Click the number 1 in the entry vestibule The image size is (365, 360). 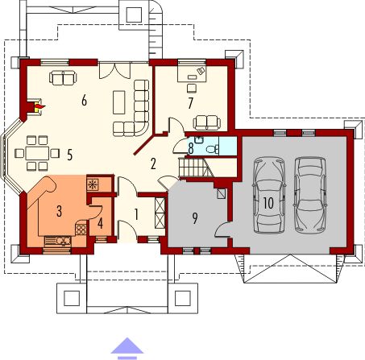click(x=137, y=214)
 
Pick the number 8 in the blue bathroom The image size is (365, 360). click(x=191, y=147)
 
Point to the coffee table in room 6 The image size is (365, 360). click(x=118, y=102)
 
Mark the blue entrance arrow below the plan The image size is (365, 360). click(x=127, y=346)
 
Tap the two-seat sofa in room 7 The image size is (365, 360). click(x=205, y=121)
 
